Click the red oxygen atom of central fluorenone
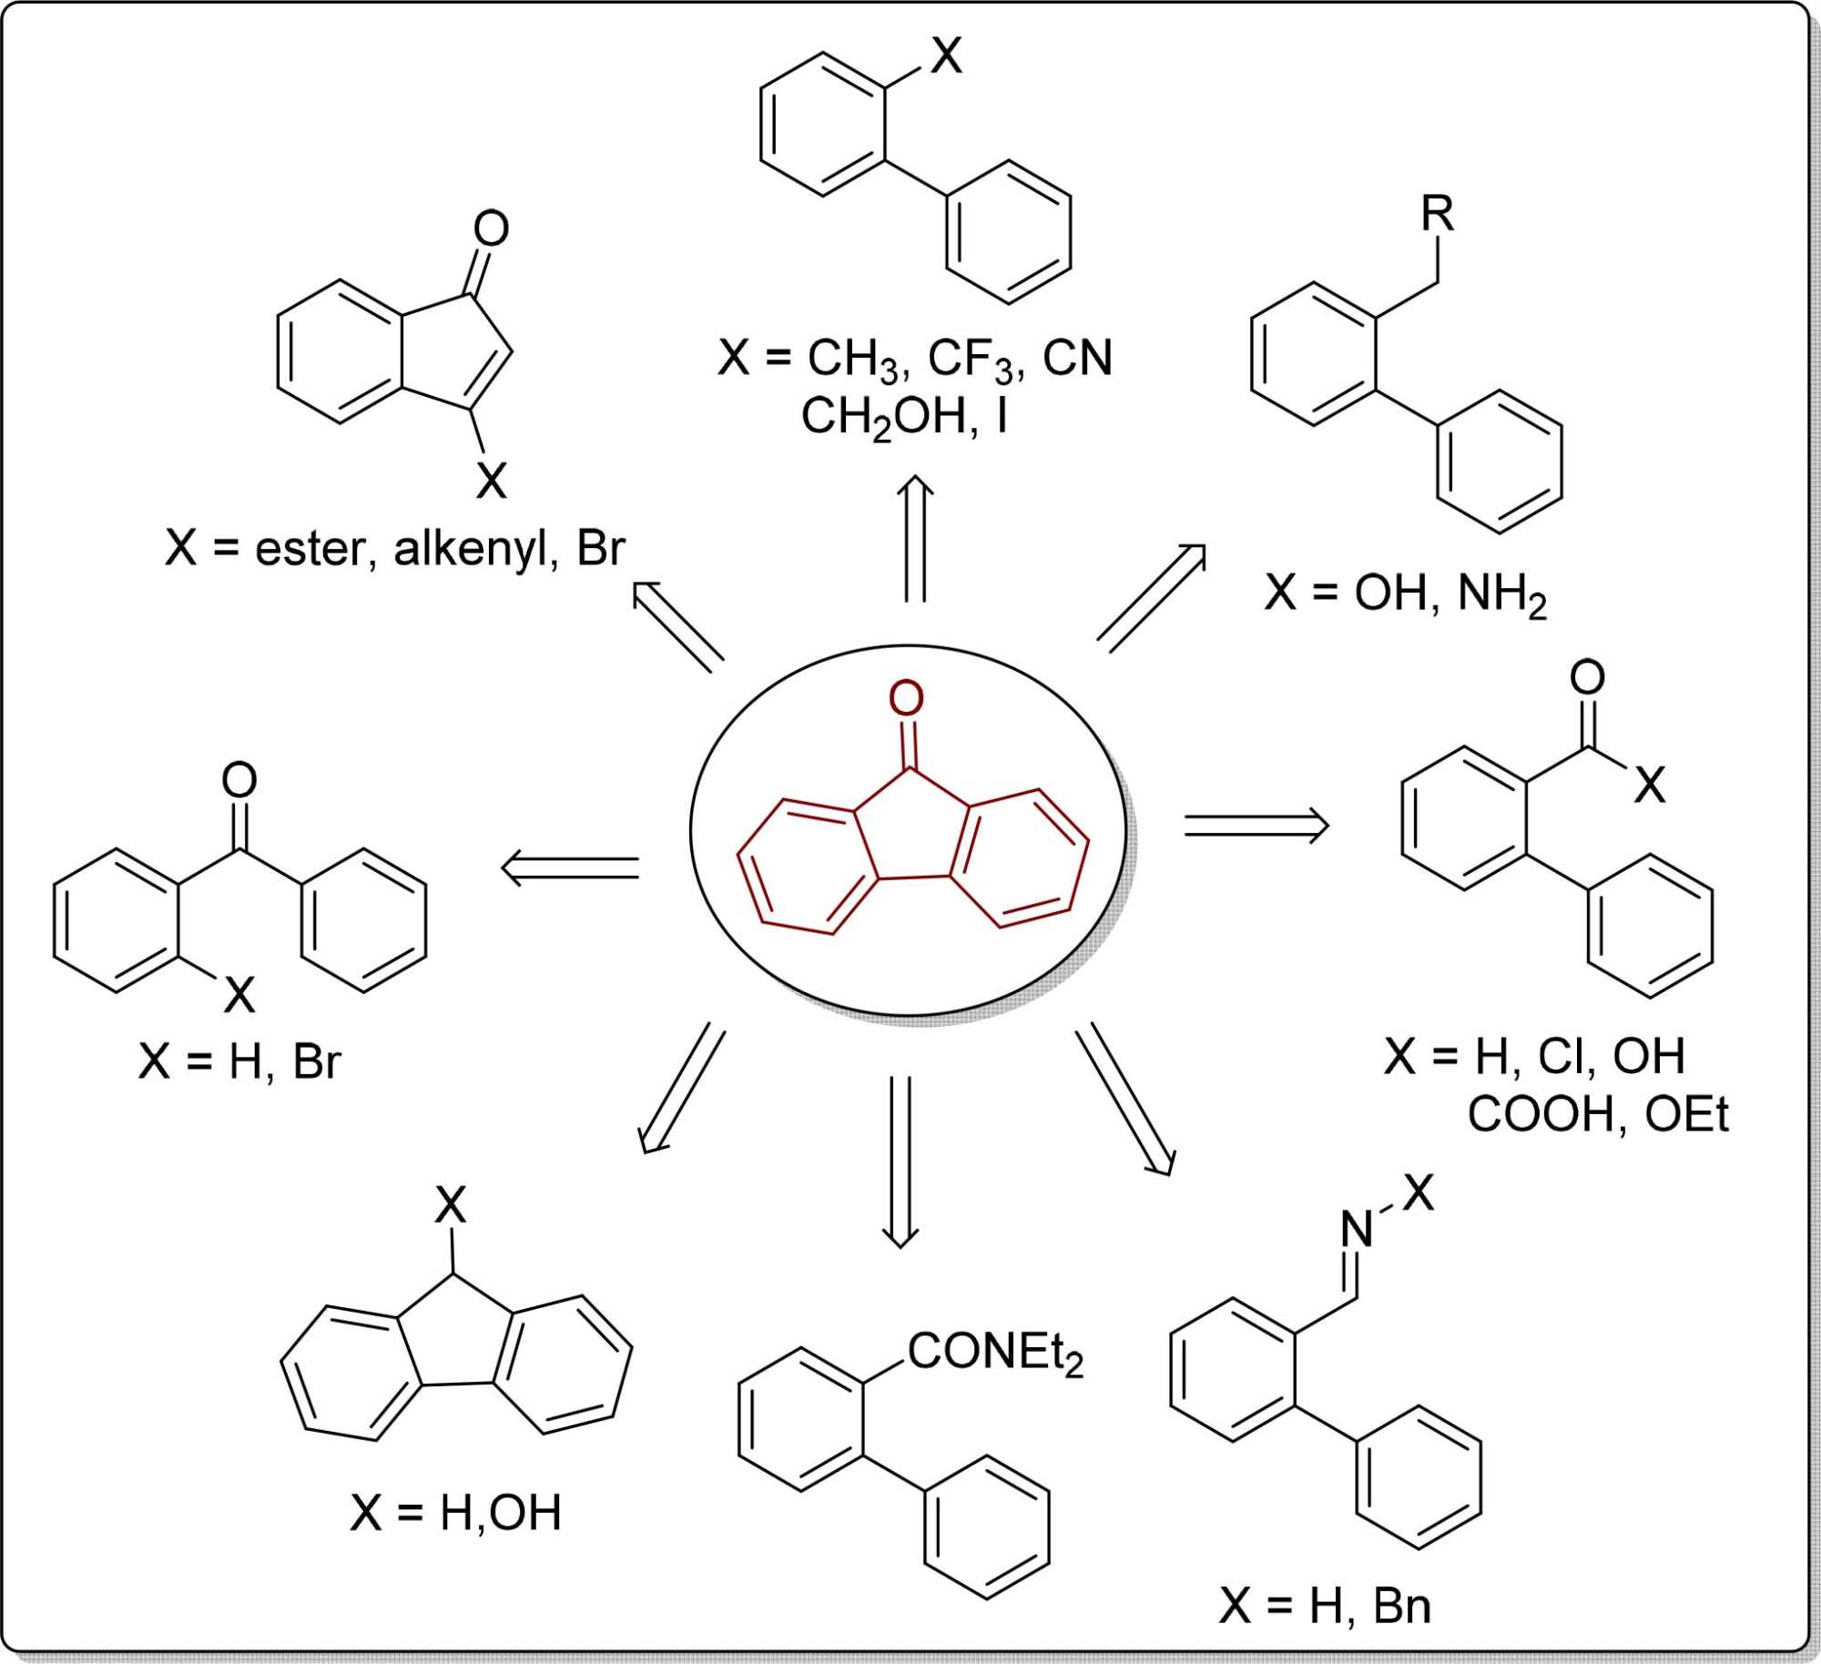[906, 698]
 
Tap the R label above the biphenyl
[1438, 215]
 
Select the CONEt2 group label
[995, 1353]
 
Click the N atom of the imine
[1357, 1230]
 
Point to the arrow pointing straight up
[915, 539]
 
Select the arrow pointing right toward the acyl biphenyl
[1256, 826]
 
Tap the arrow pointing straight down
[900, 1162]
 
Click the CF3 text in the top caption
[971, 359]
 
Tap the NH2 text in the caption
[1501, 594]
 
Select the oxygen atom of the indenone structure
[491, 228]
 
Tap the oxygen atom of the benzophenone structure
[239, 780]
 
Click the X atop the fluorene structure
[451, 1206]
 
